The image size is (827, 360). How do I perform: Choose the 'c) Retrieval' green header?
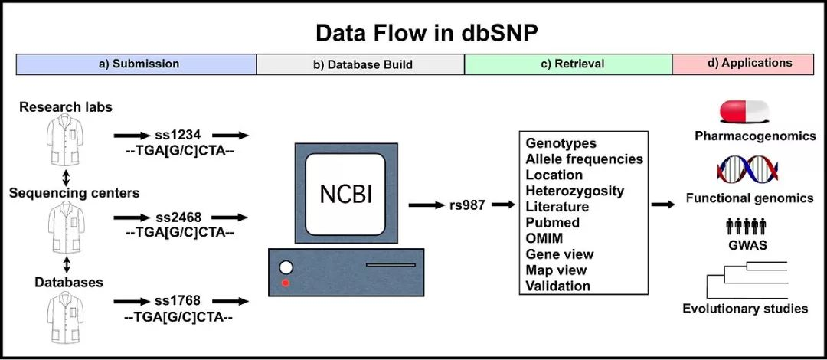tap(567, 64)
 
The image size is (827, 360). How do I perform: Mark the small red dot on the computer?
tap(285, 284)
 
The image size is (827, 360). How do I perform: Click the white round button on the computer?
tap(286, 268)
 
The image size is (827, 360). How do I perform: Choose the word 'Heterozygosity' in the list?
tap(574, 191)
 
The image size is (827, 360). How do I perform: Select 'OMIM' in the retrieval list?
tap(543, 238)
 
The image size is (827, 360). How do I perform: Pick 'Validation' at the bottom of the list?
tap(557, 286)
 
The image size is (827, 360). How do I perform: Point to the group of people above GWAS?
tap(746, 226)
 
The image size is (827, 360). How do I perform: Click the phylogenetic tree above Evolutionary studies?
tap(747, 279)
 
